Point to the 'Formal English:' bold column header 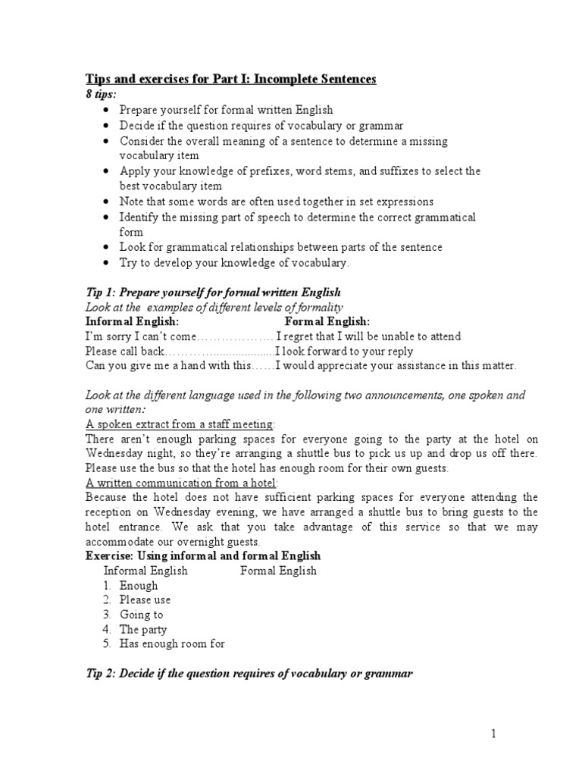[x=327, y=322]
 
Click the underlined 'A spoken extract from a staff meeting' [x=180, y=424]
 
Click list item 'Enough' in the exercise [x=139, y=585]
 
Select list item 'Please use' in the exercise [x=145, y=599]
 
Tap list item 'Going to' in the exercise [x=141, y=615]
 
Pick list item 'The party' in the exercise [x=143, y=629]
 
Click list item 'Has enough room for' [x=173, y=644]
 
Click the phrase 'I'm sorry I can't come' [x=140, y=336]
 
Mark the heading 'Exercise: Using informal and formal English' [x=203, y=556]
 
